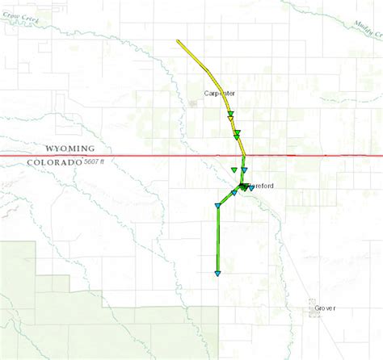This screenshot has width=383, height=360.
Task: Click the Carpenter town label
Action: click(x=219, y=94)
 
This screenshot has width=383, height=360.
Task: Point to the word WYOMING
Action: click(x=69, y=149)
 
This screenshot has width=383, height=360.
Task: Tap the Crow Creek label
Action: click(x=19, y=15)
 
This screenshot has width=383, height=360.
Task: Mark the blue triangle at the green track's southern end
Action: click(x=217, y=274)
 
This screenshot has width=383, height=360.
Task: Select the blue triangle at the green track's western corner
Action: click(x=217, y=207)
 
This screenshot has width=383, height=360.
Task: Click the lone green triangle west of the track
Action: click(x=233, y=170)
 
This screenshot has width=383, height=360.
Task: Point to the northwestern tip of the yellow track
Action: click(x=178, y=41)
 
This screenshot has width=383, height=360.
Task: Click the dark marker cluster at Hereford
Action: click(x=244, y=187)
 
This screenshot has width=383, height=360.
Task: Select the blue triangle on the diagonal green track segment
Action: click(x=234, y=194)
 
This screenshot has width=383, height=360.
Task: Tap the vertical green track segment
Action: click(x=217, y=242)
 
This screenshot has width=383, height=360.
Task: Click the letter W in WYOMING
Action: click(x=49, y=149)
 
